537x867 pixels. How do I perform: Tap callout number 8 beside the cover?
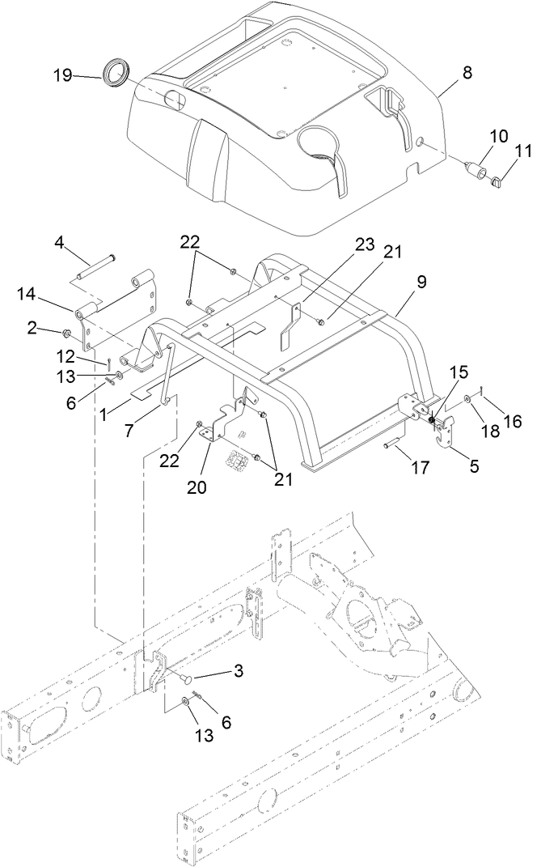(x=467, y=72)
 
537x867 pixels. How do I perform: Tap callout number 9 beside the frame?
(x=421, y=283)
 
